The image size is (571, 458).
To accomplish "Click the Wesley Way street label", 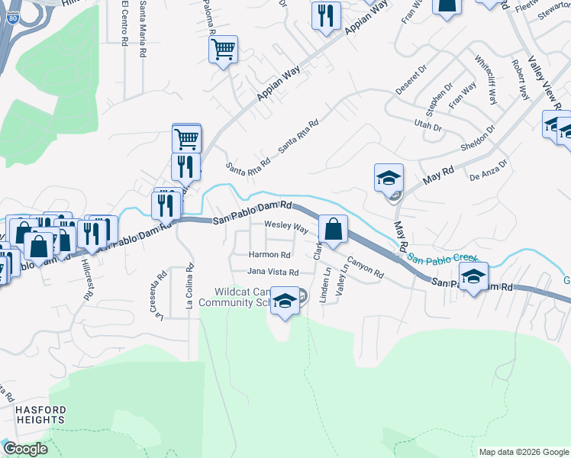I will [286, 227].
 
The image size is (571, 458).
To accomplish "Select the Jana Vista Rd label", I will [272, 272].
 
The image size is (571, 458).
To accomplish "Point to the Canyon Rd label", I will [365, 266].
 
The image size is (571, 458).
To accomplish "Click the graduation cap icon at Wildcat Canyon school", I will [285, 301].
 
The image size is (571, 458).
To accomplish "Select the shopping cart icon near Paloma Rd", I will [223, 50].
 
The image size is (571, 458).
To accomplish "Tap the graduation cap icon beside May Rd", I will [389, 179].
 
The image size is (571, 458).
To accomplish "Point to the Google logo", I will [26, 449].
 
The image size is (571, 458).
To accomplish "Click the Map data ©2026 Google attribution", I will [523, 452].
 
